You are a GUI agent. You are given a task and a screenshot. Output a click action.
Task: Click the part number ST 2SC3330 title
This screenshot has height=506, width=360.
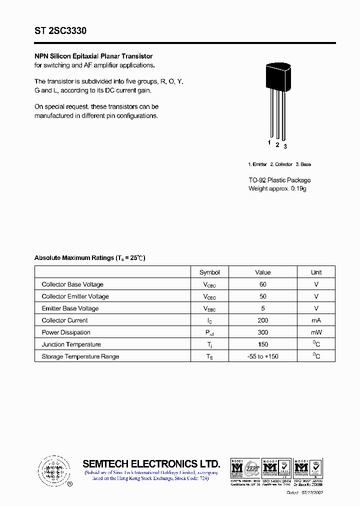[x=60, y=31]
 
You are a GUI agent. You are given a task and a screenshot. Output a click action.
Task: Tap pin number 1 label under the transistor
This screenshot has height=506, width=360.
[x=269, y=143]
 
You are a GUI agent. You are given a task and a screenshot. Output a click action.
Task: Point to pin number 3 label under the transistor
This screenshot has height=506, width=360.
[x=285, y=146]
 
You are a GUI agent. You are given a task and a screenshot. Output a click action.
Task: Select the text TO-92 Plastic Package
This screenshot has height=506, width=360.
[x=279, y=180]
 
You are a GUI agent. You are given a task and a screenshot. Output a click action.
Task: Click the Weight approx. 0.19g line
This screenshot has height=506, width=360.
[x=277, y=188]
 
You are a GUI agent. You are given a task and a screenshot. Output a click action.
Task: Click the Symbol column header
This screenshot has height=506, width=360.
[x=209, y=272]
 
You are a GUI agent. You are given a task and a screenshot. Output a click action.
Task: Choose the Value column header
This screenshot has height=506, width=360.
[x=262, y=272]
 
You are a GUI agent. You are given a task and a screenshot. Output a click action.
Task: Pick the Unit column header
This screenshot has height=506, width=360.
[x=316, y=272]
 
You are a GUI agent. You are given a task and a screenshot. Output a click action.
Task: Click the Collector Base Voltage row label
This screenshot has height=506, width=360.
[x=72, y=284]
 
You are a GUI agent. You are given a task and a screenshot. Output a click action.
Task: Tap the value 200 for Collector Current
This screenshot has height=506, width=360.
[x=262, y=320]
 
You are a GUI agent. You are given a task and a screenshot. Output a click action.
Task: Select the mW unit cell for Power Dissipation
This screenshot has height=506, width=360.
[x=316, y=332]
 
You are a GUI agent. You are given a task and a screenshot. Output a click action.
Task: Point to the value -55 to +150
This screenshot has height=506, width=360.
[x=262, y=356]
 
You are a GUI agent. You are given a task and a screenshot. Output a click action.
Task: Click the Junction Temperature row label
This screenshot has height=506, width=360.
[x=71, y=344]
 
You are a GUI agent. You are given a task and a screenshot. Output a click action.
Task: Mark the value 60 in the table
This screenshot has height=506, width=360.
[x=262, y=284]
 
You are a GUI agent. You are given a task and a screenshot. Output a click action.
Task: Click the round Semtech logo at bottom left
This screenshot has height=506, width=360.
[x=52, y=470]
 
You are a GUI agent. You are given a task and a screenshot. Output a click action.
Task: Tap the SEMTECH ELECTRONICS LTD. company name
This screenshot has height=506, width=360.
[x=151, y=463]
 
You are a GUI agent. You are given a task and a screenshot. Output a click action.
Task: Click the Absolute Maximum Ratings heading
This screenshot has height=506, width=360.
[x=89, y=258]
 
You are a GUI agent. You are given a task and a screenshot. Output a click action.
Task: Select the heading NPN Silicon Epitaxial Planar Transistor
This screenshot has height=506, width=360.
[x=93, y=56]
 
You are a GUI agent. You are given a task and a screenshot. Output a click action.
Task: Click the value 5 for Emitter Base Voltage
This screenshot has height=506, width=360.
[x=262, y=308]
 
